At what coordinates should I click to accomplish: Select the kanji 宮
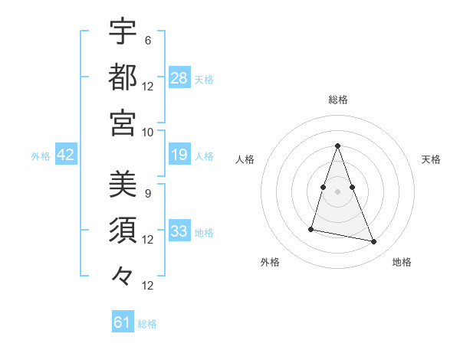(123, 122)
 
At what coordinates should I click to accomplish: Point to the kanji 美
(123, 185)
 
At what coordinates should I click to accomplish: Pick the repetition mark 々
(123, 274)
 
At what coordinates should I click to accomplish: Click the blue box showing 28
(179, 77)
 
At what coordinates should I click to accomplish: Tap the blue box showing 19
(179, 155)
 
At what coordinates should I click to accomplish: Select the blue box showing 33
(179, 231)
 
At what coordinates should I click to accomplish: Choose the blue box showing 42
(66, 155)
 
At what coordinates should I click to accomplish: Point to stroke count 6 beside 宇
(148, 40)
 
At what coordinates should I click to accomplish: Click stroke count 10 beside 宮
(148, 132)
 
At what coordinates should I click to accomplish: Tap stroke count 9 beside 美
(148, 194)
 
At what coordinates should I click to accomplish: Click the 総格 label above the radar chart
(337, 100)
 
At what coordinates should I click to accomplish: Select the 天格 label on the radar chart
(432, 159)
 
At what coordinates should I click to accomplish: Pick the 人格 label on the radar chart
(245, 159)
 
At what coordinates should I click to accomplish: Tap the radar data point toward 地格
(374, 242)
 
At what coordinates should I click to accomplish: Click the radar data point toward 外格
(311, 229)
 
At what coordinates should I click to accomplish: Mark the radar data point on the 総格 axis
(337, 146)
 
